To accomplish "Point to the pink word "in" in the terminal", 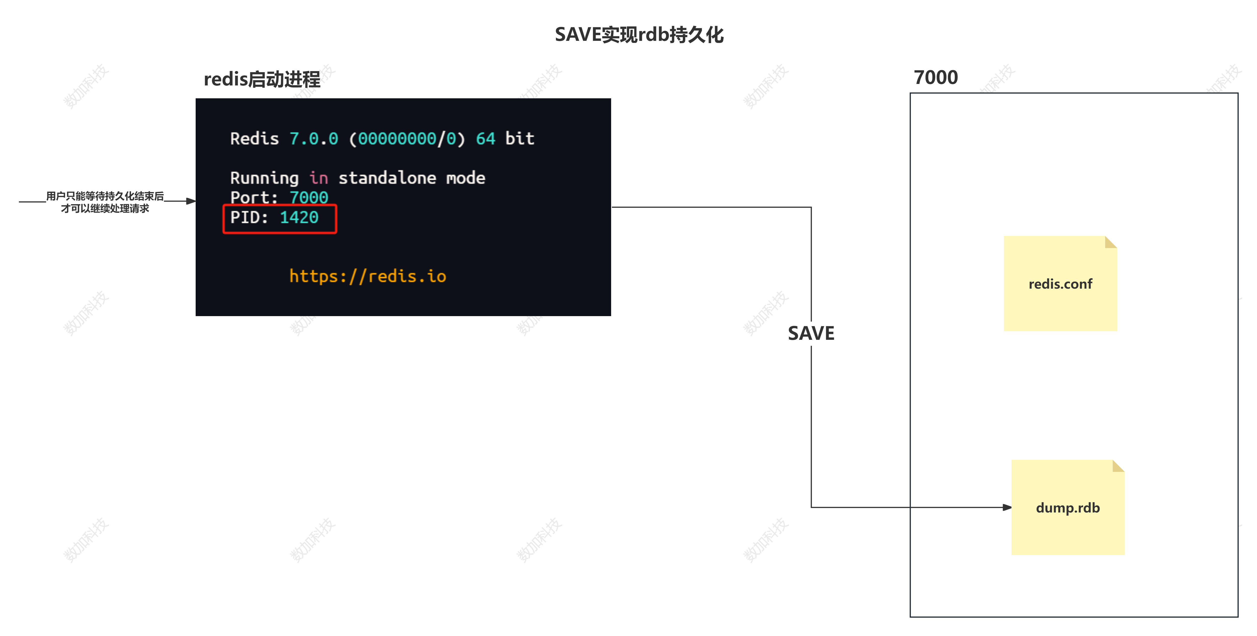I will pyautogui.click(x=318, y=178).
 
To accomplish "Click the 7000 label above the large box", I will pyautogui.click(x=935, y=77).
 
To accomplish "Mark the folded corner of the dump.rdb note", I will pyautogui.click(x=1119, y=466).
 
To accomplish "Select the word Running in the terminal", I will pyautogui.click(x=264, y=178).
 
